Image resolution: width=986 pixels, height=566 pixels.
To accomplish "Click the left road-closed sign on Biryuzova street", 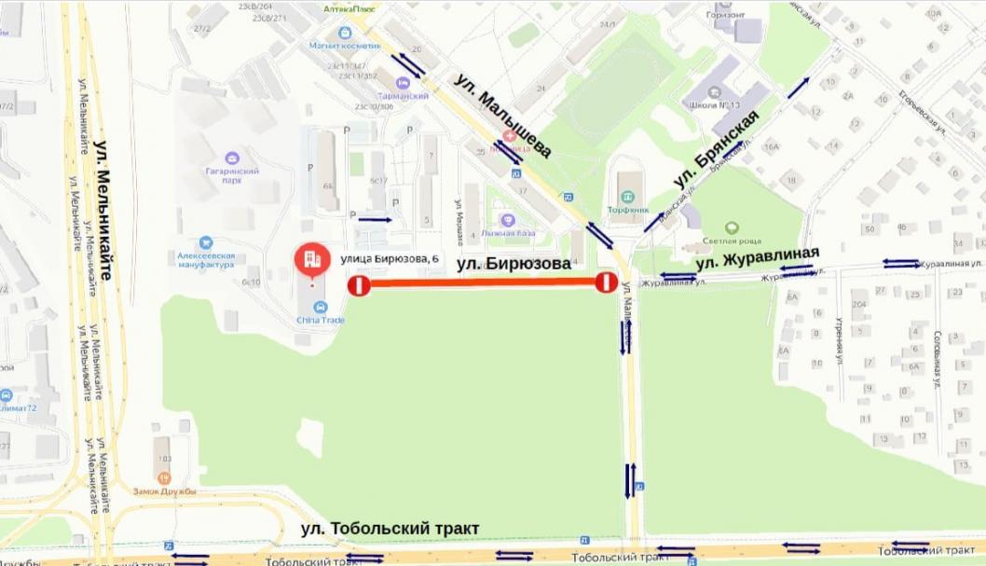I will (x=359, y=285).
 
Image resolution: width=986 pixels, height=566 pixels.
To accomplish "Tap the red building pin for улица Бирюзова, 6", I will (x=310, y=260).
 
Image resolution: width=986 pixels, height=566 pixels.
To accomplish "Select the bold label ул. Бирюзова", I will (x=514, y=264).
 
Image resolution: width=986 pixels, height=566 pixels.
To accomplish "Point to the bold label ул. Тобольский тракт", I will (x=390, y=529).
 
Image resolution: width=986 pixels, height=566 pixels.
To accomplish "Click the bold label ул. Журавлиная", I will (x=758, y=257).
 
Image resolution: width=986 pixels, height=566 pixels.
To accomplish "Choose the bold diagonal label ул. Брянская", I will (x=716, y=147).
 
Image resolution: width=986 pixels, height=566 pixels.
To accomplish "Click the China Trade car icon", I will (x=321, y=307).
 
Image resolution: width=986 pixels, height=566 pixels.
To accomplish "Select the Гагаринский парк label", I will (x=232, y=174).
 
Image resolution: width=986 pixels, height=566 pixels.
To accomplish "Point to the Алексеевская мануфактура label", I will (x=206, y=258).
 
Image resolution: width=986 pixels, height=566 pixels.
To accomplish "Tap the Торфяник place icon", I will (x=627, y=197).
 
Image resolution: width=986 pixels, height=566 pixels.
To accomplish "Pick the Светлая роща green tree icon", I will (x=732, y=227).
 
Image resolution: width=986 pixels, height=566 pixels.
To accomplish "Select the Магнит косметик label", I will (x=346, y=46).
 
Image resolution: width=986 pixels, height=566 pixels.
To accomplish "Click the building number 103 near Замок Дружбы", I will (x=165, y=458).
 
